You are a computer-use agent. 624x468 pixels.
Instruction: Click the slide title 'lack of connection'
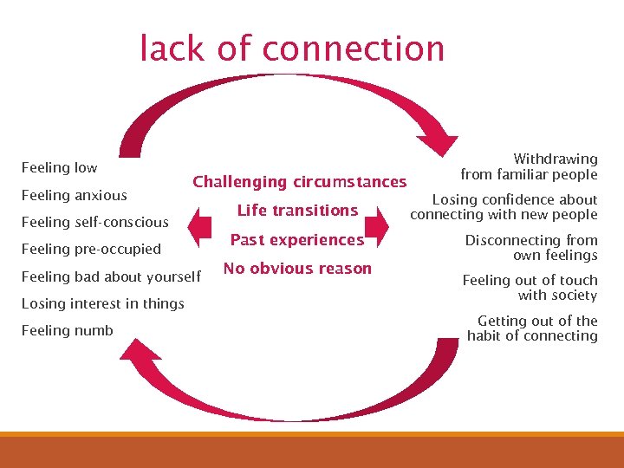click(292, 49)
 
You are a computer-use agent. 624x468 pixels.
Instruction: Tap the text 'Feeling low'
click(59, 167)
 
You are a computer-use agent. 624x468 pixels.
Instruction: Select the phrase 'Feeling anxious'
click(74, 195)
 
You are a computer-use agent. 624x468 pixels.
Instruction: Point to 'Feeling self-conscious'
click(94, 222)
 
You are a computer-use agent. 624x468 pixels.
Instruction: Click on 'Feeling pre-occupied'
click(91, 249)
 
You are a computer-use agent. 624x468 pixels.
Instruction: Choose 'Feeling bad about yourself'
click(110, 276)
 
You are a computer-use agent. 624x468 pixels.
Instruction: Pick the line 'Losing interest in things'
click(102, 303)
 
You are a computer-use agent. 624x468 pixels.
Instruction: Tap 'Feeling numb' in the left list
click(67, 330)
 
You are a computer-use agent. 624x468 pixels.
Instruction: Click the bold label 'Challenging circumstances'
click(299, 182)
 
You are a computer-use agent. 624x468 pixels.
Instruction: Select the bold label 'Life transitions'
click(297, 211)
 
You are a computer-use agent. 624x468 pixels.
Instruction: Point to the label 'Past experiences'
click(297, 240)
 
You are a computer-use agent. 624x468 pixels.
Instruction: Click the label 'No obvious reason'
click(297, 269)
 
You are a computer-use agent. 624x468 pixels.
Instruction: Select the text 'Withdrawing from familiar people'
click(529, 166)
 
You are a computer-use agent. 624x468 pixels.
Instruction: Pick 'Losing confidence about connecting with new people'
click(504, 207)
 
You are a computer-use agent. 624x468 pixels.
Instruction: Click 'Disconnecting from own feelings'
click(531, 247)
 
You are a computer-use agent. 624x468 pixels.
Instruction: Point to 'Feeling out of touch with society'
click(530, 287)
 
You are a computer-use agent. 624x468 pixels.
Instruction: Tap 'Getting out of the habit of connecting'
click(532, 328)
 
